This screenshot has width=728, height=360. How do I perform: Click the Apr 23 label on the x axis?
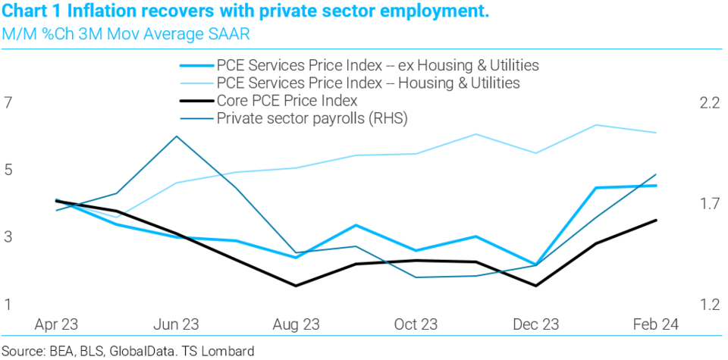pos(57,324)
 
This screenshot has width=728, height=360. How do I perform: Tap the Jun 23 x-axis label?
pos(176,324)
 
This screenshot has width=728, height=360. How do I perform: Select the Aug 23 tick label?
pos(296,324)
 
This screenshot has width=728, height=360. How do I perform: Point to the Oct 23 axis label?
pos(416,324)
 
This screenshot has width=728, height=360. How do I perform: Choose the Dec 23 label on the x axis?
pos(535,324)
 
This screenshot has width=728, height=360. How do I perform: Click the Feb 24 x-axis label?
pos(655,324)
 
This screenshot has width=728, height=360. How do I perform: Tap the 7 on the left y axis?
pos(9,103)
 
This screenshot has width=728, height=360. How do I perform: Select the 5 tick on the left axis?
pos(9,171)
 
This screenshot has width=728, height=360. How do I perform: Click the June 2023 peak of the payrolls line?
pos(177,136)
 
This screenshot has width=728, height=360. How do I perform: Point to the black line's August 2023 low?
pos(296,286)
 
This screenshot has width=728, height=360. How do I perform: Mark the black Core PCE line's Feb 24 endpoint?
pos(655,221)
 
